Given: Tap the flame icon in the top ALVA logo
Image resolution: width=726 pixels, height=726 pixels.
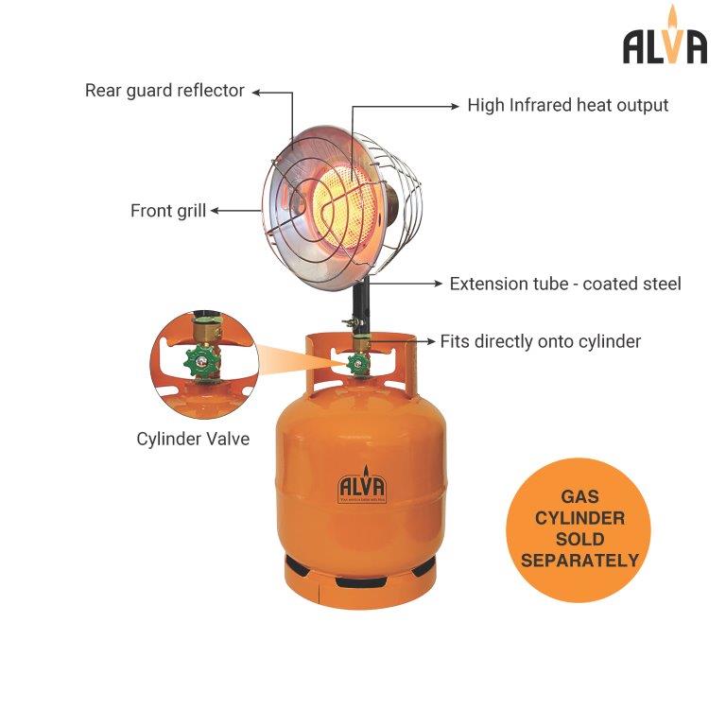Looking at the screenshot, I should (x=672, y=21).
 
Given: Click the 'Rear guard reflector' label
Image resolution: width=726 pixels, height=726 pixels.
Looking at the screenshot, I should (x=164, y=91).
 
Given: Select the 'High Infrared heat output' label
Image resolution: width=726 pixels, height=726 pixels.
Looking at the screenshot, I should (x=567, y=105).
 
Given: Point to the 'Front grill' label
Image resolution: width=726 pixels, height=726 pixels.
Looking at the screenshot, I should (x=167, y=211).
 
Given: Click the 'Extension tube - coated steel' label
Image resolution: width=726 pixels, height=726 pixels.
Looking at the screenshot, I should (x=564, y=284).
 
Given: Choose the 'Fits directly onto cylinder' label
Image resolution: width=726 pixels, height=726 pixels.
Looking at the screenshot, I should (x=540, y=341).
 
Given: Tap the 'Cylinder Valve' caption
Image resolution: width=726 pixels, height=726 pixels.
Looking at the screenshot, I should (x=193, y=439).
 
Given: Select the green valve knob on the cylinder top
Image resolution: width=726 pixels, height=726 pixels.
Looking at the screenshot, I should (x=358, y=365).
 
